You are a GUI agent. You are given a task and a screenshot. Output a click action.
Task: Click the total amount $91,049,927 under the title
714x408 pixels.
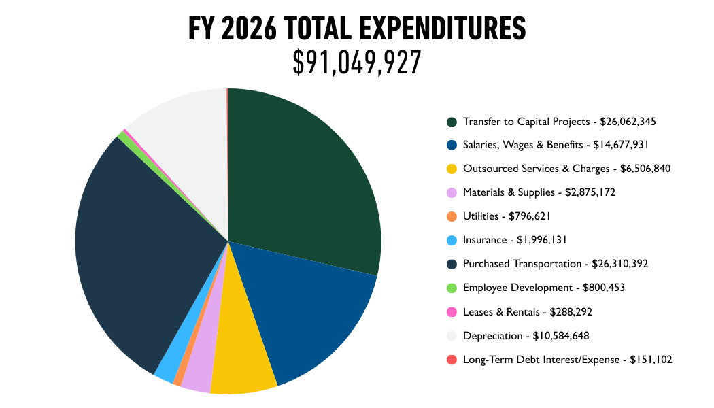(357, 63)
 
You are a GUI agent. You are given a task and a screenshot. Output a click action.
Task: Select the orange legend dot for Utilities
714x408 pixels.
(452, 216)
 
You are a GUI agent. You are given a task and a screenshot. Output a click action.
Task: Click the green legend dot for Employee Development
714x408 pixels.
(452, 288)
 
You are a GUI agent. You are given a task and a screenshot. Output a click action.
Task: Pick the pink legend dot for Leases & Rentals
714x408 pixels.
(452, 311)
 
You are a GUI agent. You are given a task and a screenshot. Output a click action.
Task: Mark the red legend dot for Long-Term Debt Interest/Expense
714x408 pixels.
(452, 359)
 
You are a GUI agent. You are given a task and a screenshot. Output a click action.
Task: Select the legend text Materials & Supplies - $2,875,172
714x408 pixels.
(539, 192)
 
